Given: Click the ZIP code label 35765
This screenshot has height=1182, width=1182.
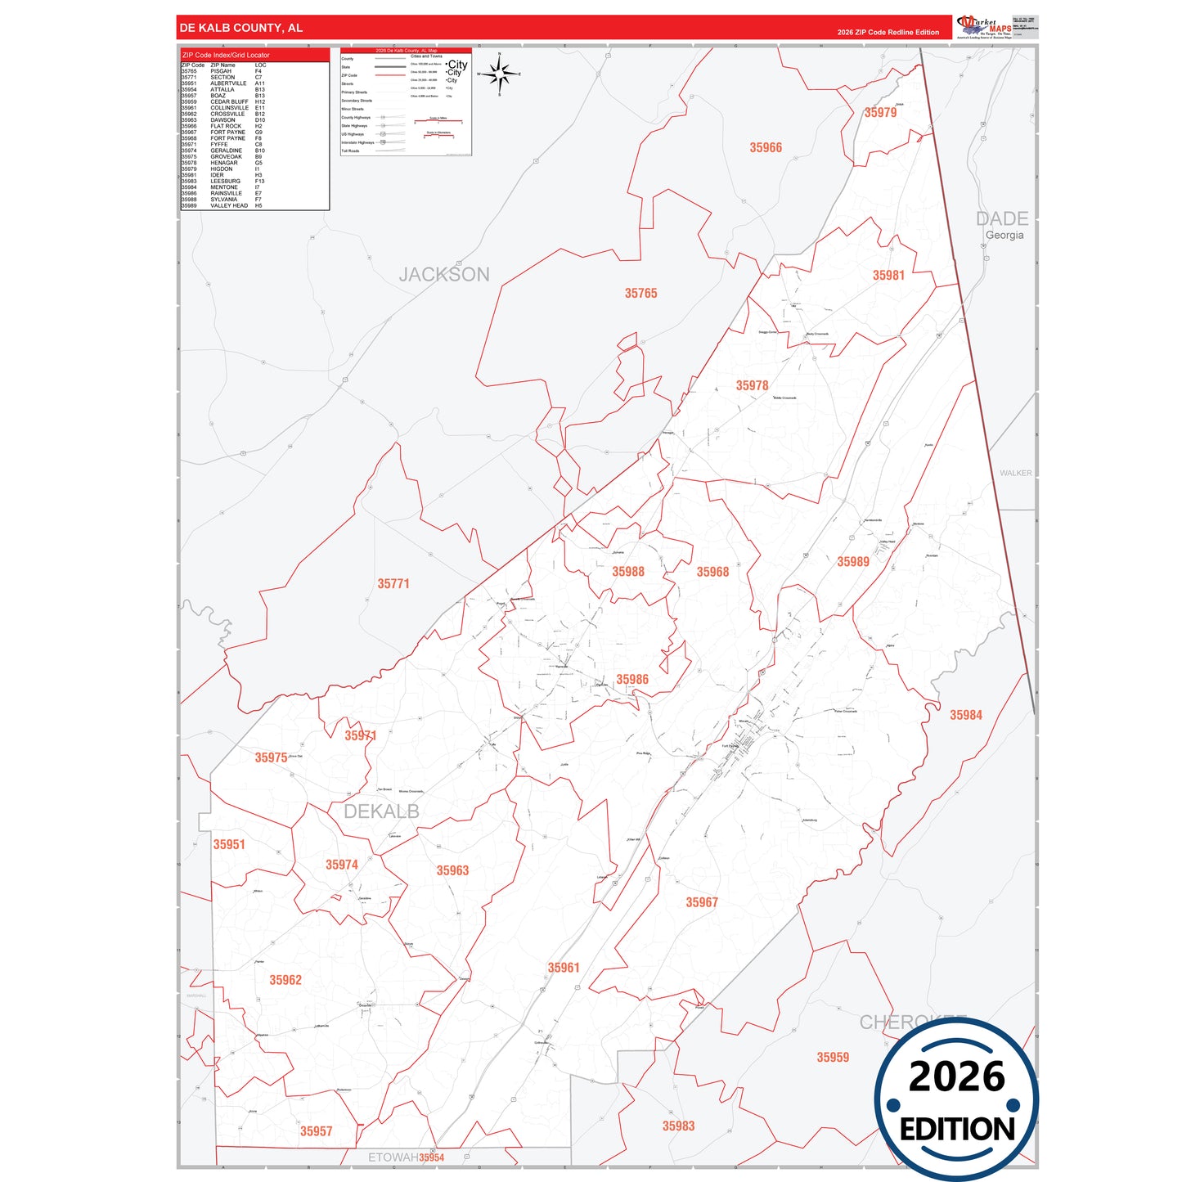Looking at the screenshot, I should click(x=640, y=294).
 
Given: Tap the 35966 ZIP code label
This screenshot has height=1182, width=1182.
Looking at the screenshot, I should click(x=766, y=148).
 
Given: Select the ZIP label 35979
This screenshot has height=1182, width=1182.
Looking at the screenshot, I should click(x=880, y=113).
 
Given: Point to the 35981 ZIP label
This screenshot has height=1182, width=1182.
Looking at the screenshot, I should click(x=888, y=276).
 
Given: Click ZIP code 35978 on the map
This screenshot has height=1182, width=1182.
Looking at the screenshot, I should click(x=752, y=386).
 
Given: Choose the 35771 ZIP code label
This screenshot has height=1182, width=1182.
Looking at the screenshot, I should click(x=393, y=584).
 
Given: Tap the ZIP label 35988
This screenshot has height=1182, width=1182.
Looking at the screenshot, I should click(x=628, y=572).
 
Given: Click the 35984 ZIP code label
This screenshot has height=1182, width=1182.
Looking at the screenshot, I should click(x=966, y=715).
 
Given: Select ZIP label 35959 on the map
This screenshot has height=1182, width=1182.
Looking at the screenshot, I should click(x=833, y=1058).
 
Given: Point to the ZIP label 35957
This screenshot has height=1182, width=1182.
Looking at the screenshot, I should click(x=316, y=1131).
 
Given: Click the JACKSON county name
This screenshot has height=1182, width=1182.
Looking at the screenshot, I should click(x=444, y=275).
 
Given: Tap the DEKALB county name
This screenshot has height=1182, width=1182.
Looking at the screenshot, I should click(x=381, y=811).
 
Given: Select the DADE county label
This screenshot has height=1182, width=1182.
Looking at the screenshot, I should click(x=1002, y=219).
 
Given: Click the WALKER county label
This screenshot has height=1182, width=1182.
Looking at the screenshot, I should click(x=1015, y=474).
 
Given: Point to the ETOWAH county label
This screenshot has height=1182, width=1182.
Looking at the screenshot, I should click(x=393, y=1157).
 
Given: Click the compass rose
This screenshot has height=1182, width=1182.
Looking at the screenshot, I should click(x=499, y=74).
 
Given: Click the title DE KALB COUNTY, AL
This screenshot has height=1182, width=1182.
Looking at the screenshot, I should click(x=241, y=28).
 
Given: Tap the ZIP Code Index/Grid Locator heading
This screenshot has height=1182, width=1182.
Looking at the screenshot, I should click(x=226, y=55).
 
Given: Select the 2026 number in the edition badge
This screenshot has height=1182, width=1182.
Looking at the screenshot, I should click(x=956, y=1076).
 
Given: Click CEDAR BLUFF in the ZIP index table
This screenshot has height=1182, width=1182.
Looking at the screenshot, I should click(x=229, y=102).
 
